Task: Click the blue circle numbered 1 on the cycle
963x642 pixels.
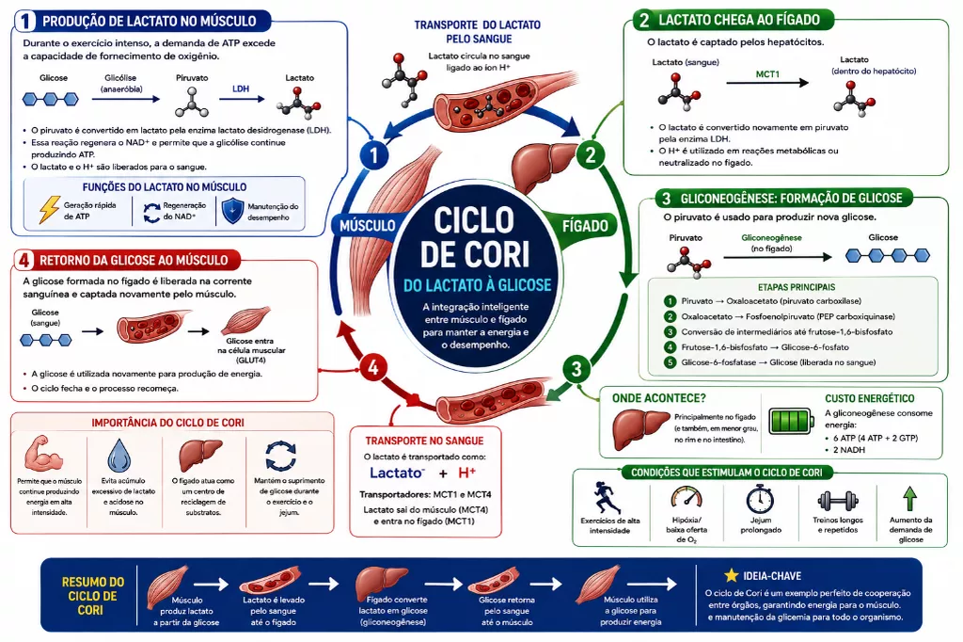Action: [x=373, y=154]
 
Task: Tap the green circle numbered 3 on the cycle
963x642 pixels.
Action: [x=576, y=369]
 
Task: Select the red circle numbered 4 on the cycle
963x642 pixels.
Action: [x=372, y=368]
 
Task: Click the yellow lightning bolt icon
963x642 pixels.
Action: [x=49, y=210]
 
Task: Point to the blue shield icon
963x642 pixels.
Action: [x=232, y=211]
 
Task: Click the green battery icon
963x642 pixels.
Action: [x=792, y=421]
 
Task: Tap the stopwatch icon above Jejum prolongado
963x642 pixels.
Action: [x=760, y=498]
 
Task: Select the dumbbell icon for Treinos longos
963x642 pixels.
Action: [x=838, y=501]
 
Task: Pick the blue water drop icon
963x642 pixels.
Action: [x=119, y=456]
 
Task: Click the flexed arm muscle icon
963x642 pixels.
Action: [x=43, y=454]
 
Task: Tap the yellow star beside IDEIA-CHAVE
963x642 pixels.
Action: [x=731, y=575]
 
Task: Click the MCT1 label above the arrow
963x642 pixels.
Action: [x=767, y=73]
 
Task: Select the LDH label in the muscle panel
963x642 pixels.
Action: [x=241, y=88]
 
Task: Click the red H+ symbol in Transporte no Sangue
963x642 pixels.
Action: [x=467, y=473]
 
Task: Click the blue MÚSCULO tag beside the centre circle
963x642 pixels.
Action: [x=368, y=226]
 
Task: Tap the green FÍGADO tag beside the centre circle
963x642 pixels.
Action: [x=585, y=226]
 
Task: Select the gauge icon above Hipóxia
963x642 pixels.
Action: [x=686, y=497]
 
